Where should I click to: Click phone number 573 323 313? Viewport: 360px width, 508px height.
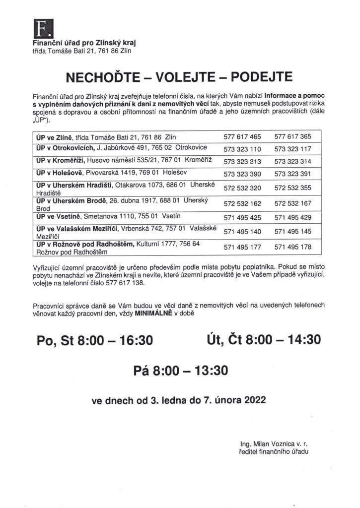(242, 162)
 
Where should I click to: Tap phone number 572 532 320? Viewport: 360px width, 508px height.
(242, 189)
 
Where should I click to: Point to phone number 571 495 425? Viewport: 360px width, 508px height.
(242, 217)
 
